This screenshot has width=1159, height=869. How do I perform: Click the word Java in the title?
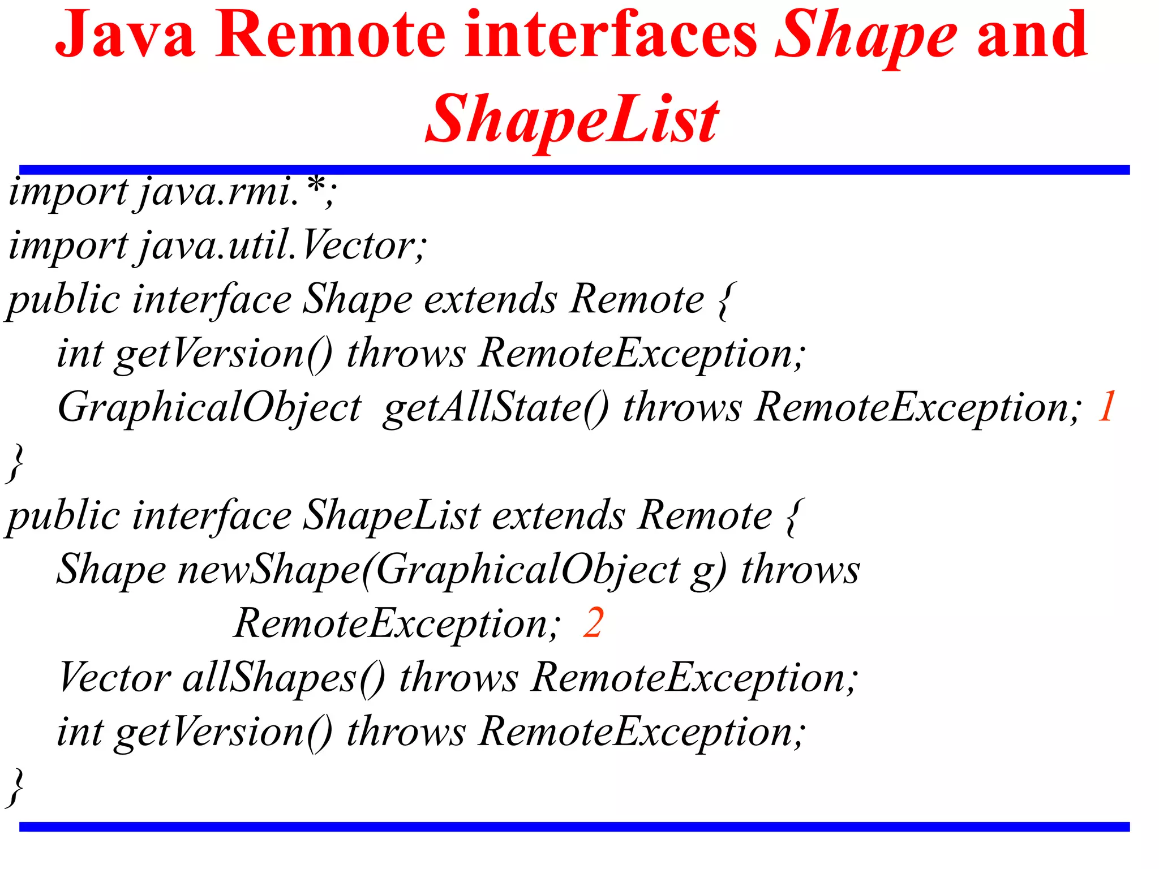click(x=125, y=35)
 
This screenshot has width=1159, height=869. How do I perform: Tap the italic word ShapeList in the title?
click(x=572, y=120)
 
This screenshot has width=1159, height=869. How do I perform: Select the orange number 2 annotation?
click(x=593, y=623)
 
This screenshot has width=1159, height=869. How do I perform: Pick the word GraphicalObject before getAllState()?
click(x=209, y=407)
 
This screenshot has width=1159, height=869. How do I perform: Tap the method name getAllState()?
click(x=496, y=407)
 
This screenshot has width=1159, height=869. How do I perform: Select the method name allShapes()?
click(x=284, y=677)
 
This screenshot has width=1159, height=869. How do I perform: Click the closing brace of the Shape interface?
click(x=16, y=463)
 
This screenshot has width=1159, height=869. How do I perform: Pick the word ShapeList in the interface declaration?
click(x=392, y=516)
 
